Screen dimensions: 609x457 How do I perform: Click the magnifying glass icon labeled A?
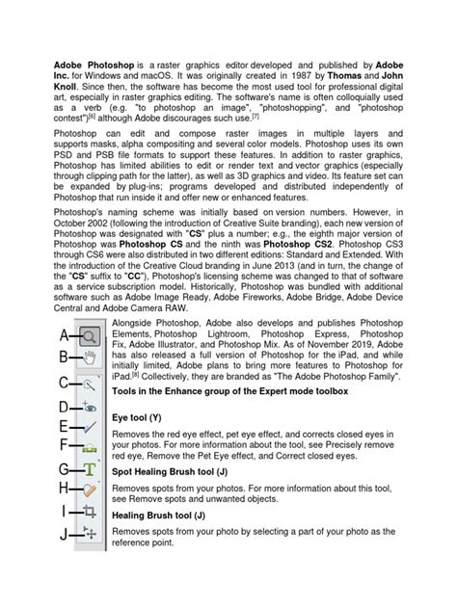click(x=89, y=336)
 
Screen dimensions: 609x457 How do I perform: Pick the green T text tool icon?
click(x=90, y=469)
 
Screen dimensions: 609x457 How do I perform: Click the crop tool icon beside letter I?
click(x=90, y=512)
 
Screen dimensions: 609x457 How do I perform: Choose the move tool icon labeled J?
click(x=90, y=533)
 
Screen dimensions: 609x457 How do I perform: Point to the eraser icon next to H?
click(x=90, y=490)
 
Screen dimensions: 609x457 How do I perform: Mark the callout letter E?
click(x=63, y=425)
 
